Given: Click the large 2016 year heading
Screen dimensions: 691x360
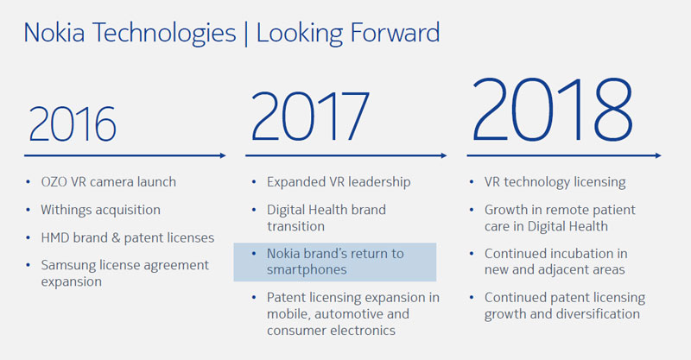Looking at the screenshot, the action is [x=73, y=123].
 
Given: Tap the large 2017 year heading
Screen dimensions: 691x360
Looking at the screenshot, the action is [x=310, y=116].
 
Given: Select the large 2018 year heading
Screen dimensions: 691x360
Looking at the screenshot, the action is [x=552, y=110].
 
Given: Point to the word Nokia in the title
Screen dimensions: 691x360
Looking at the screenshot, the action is [x=54, y=33].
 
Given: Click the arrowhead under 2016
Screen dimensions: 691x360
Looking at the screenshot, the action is [x=223, y=155].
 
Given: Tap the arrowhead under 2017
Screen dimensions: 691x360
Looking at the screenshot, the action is [x=444, y=155].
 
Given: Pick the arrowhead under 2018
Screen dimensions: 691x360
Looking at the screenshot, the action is [x=658, y=155].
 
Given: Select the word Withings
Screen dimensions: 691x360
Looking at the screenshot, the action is [x=64, y=210].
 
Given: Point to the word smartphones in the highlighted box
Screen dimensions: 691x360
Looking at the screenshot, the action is [x=307, y=269].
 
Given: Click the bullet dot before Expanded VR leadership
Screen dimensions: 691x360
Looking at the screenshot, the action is [x=254, y=182].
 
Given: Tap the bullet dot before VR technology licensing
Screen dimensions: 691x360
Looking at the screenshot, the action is [x=472, y=182].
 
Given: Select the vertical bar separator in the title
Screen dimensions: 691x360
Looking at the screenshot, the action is [x=246, y=34].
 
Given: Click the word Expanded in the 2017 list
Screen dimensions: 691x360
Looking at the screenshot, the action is [x=295, y=182].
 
